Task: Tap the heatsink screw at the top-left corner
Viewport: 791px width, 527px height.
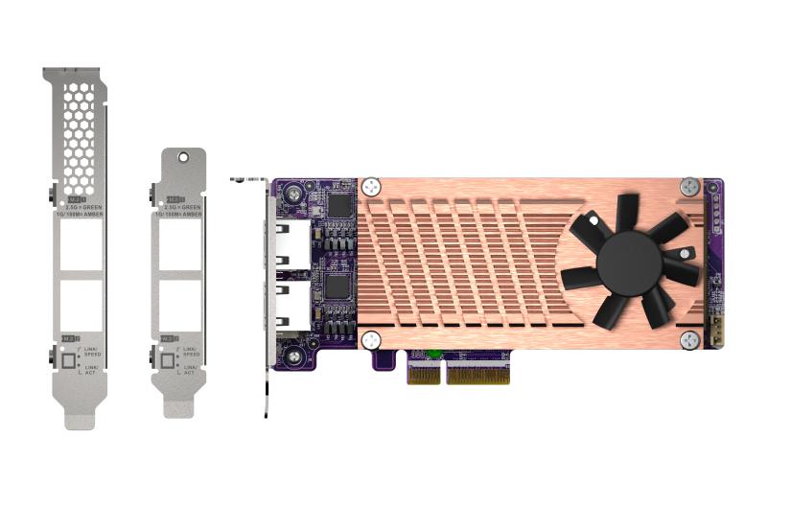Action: (x=372, y=187)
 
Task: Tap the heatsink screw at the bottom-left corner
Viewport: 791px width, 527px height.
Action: (x=372, y=340)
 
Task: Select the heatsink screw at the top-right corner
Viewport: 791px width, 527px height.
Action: (x=689, y=187)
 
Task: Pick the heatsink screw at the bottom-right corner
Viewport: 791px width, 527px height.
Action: (x=689, y=340)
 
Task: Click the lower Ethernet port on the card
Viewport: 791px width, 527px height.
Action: (x=291, y=304)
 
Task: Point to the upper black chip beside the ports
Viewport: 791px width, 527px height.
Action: (x=338, y=204)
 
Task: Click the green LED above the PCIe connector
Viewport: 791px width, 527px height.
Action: (x=434, y=355)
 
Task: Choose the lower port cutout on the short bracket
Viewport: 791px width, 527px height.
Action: (x=178, y=302)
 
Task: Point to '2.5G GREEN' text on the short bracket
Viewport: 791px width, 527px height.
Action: (x=182, y=205)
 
